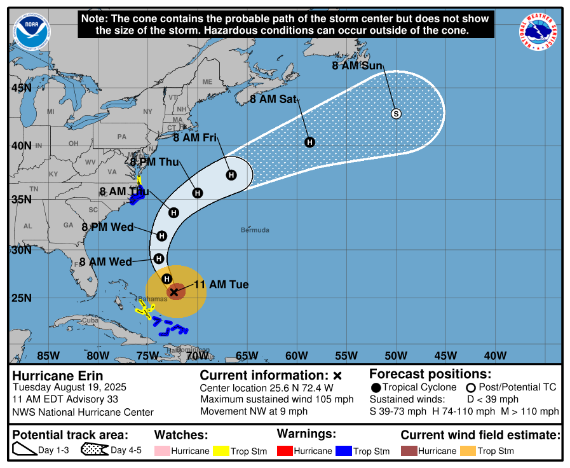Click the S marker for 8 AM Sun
point(396,114)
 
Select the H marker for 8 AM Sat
point(309,142)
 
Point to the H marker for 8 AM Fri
point(231,175)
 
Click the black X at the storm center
point(174,291)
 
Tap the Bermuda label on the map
point(255,230)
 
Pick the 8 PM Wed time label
point(107,227)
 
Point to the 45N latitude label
point(21,88)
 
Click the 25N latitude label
point(21,298)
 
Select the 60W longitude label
point(296,355)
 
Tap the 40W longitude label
point(495,355)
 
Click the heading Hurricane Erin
point(58,376)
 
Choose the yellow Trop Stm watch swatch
point(221,451)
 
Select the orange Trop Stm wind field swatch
point(468,451)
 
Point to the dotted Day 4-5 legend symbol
point(94,450)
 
